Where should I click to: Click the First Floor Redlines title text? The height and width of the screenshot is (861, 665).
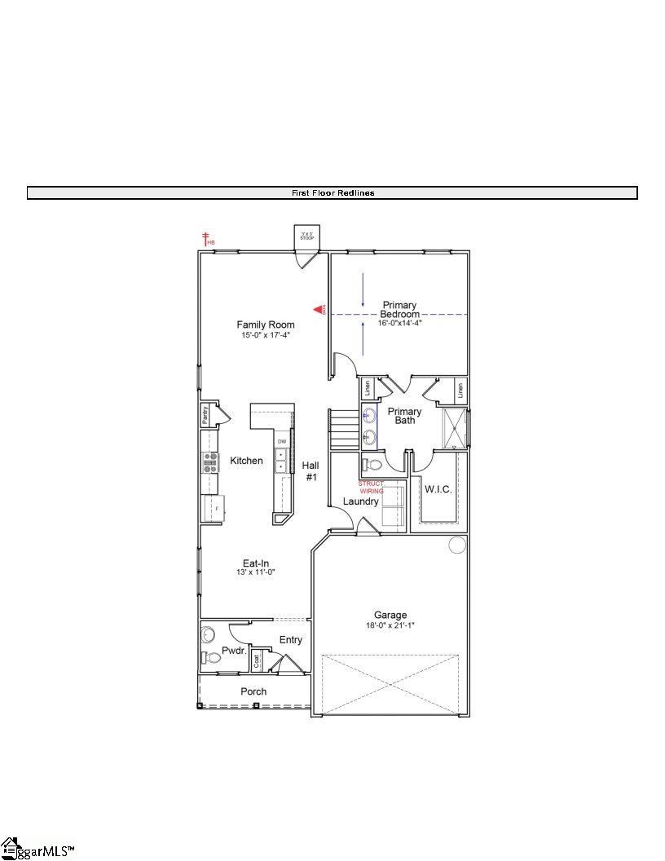click(332, 193)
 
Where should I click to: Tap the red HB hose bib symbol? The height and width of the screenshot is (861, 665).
click(208, 239)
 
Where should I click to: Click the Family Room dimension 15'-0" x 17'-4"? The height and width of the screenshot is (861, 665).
click(265, 334)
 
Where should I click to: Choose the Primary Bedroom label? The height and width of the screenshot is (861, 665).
click(399, 310)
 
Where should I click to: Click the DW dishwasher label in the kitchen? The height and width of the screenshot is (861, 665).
click(282, 442)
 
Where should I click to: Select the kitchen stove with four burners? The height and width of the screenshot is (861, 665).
click(209, 463)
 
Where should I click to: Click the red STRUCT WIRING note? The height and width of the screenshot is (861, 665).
click(371, 487)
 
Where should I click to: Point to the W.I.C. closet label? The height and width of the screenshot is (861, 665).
click(438, 489)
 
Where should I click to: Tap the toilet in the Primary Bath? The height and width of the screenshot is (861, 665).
click(372, 465)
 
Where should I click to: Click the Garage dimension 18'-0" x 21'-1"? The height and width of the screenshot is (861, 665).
click(390, 625)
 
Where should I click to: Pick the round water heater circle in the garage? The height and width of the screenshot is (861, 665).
click(457, 545)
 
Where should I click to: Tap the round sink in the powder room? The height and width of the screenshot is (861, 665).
click(207, 634)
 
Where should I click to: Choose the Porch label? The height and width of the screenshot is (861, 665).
click(253, 691)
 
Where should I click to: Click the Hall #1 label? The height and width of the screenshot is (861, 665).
click(310, 470)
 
